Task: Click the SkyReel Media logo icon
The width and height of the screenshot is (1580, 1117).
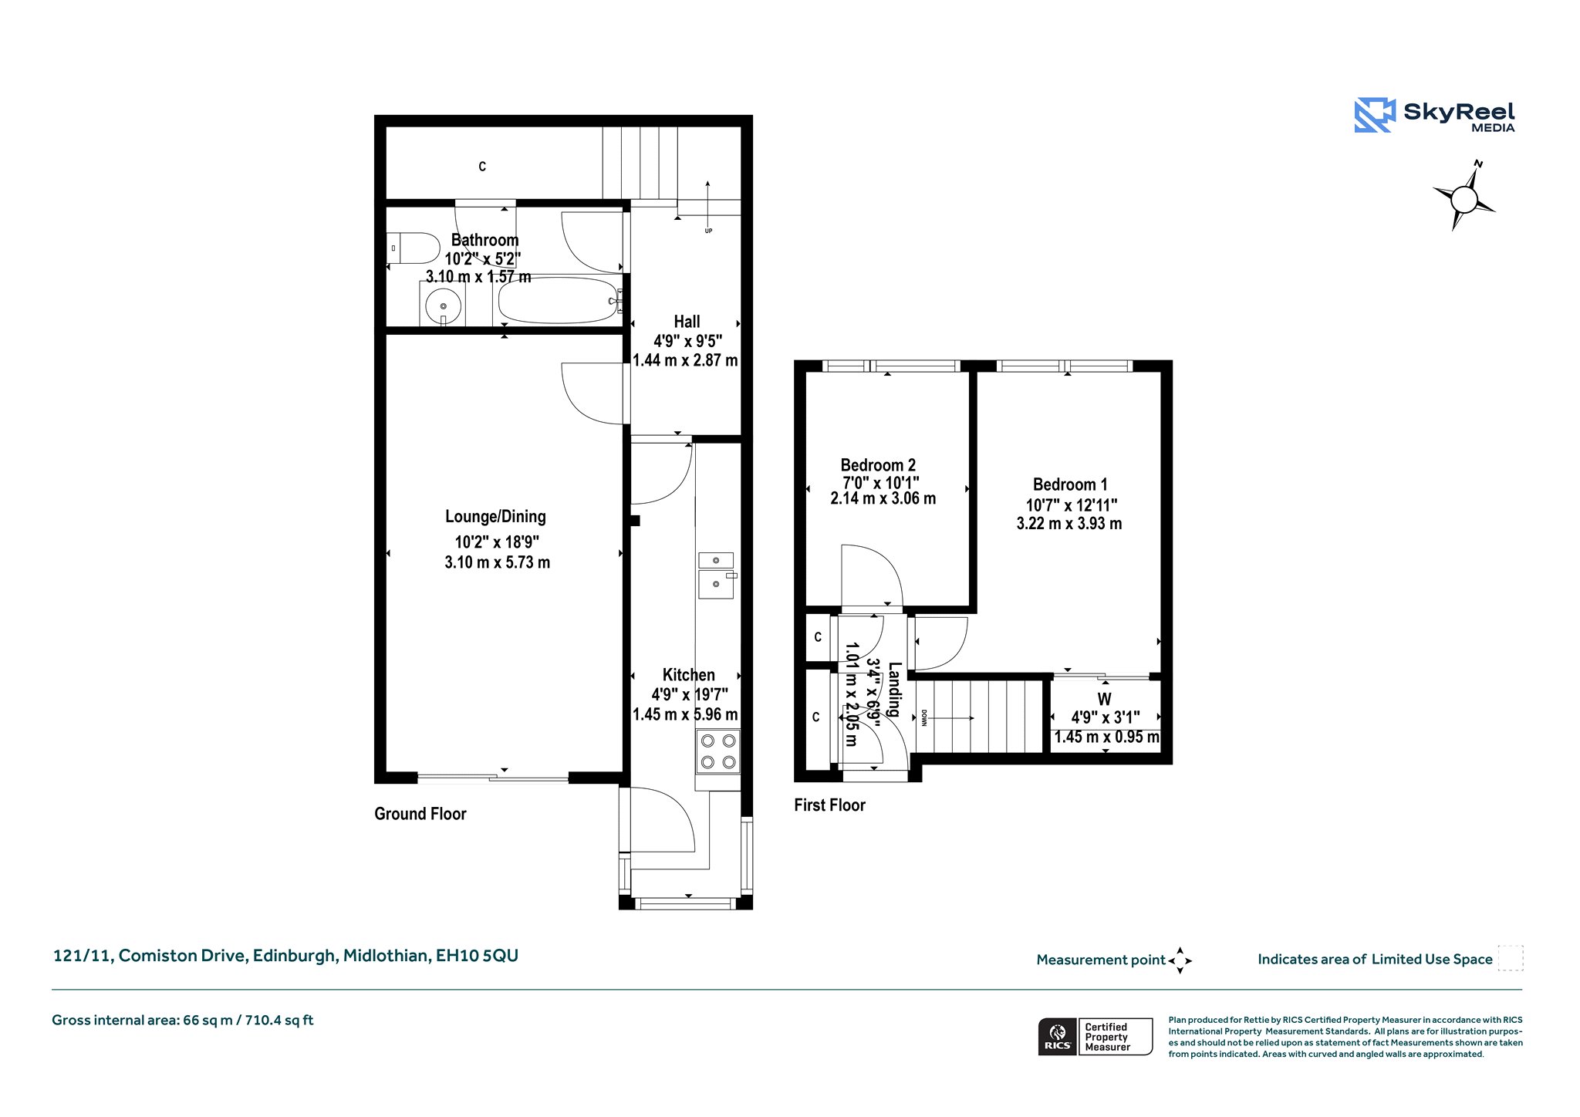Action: (x=1375, y=115)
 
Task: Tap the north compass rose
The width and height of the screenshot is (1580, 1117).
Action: (x=1464, y=199)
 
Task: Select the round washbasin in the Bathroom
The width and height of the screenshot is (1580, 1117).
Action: (x=444, y=306)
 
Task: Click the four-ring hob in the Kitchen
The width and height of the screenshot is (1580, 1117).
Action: (x=717, y=751)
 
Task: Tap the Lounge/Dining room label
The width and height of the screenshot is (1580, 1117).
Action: (x=495, y=517)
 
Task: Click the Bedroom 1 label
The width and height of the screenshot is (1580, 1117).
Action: (x=1070, y=484)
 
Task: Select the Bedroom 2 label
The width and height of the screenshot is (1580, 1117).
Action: (x=878, y=465)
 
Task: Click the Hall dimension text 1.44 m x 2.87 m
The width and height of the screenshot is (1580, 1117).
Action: (x=685, y=360)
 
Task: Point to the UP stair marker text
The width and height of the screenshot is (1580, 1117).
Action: (x=708, y=231)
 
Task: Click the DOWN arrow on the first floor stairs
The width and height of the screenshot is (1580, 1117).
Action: (x=949, y=718)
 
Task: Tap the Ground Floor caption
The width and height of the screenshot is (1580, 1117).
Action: (x=420, y=814)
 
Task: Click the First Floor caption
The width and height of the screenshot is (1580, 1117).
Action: (x=829, y=805)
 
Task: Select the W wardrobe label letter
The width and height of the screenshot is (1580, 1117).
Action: (x=1105, y=699)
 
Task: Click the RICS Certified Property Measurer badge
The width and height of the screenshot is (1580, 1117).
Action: (x=1096, y=1037)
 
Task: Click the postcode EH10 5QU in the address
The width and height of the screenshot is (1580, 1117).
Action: (x=477, y=956)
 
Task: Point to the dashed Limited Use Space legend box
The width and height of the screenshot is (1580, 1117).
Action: (x=1511, y=958)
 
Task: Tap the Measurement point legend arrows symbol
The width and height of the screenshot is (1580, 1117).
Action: (x=1180, y=960)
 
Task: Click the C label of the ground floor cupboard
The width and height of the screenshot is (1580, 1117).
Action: (x=482, y=167)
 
